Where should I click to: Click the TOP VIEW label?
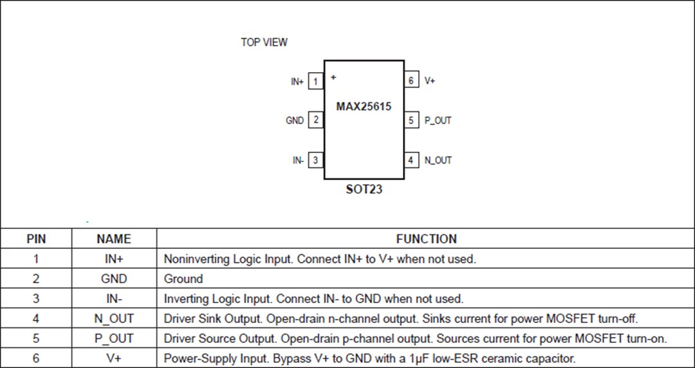coord(264,42)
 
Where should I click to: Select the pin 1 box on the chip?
coord(315,81)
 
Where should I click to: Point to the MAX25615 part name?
coord(364,106)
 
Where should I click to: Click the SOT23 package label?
coord(364,190)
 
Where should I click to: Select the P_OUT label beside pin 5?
coord(438,120)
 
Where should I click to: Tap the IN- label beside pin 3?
coord(298,160)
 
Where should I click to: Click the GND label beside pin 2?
coord(295,120)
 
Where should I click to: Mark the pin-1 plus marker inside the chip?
coord(333,77)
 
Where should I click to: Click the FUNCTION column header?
coord(426,239)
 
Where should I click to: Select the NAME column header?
coord(114,239)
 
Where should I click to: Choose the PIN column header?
coord(36,239)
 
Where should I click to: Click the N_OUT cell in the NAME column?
coord(114,318)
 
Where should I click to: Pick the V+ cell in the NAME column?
coord(114,358)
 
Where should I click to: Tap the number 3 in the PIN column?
coord(36,299)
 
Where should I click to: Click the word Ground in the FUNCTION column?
coord(183,279)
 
